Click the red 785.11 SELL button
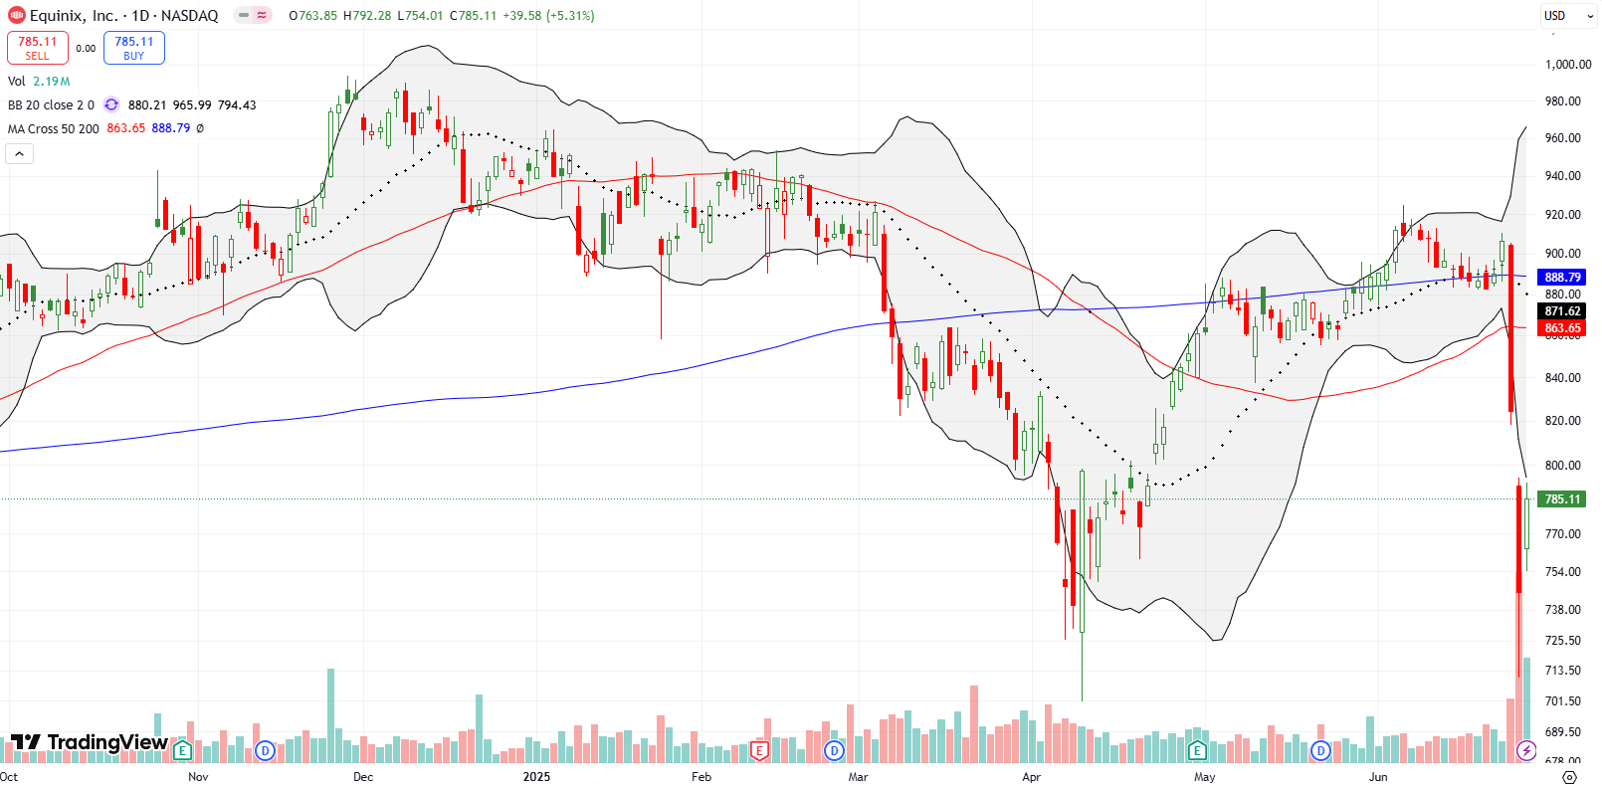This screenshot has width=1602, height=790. click(x=38, y=48)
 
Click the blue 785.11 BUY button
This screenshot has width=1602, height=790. click(x=133, y=48)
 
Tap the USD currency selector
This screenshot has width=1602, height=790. click(x=1554, y=15)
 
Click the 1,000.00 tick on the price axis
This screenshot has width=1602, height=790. click(x=1567, y=64)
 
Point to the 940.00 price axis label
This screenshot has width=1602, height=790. click(x=1562, y=176)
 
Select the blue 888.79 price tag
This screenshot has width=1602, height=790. click(x=1562, y=278)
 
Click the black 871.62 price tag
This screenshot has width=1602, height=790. click(x=1562, y=311)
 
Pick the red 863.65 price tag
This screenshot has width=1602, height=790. click(x=1562, y=328)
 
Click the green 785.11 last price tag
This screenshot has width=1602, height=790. click(x=1562, y=499)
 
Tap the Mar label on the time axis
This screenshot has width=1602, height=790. click(x=858, y=777)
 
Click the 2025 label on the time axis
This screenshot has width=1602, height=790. click(x=536, y=777)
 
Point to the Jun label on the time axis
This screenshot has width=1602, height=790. click(x=1378, y=777)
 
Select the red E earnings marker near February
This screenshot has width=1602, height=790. click(x=759, y=751)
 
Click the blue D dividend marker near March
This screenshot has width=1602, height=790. click(x=834, y=751)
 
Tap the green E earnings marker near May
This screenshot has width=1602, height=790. click(x=1197, y=751)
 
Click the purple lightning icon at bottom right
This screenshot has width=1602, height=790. click(x=1526, y=751)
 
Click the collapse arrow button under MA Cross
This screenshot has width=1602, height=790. click(x=20, y=153)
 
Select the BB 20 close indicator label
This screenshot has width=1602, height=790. click(x=51, y=104)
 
